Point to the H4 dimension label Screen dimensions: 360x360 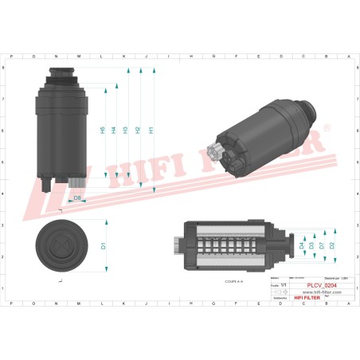pyautogui.click(x=114, y=130)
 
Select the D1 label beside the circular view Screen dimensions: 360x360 pyautogui.click(x=104, y=246)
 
